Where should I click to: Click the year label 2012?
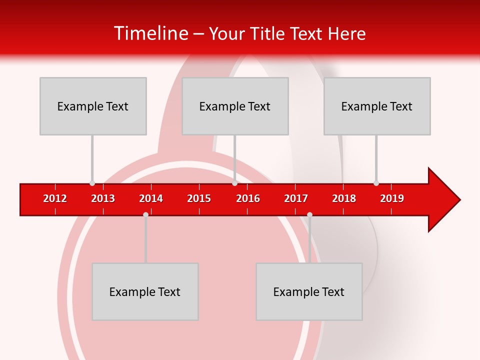pos(55,198)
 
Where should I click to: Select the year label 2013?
pos(103,198)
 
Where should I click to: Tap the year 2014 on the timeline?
pos(151,198)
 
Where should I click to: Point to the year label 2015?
pos(199,198)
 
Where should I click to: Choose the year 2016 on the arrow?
pos(248,198)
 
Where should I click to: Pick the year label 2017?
pos(296,198)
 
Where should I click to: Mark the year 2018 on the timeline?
pos(344,198)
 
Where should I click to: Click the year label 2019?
pos(392,198)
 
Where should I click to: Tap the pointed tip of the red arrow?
pos(459,200)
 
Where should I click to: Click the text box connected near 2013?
pos(93,106)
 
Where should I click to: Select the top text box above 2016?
pos(235,106)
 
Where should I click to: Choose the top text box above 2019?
pos(377,106)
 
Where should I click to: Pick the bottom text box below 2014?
pos(145,291)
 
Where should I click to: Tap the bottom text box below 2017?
pos(309,291)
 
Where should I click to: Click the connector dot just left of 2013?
pos(92,183)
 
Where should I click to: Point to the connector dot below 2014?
pos(145,214)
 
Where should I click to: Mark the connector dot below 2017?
pos(309,214)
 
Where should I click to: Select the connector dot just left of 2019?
pos(376,183)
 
